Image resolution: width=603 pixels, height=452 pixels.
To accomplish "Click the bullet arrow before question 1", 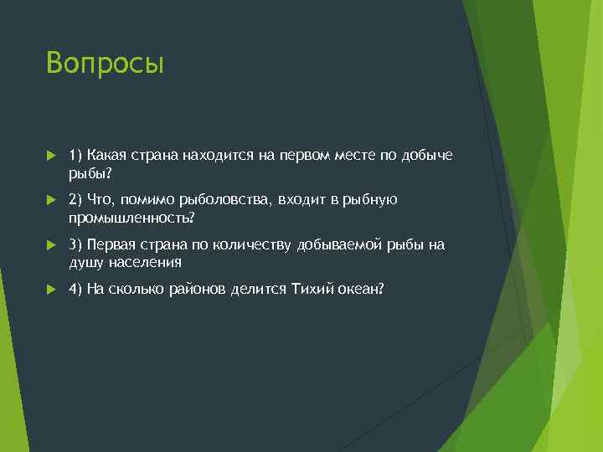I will (x=51, y=155).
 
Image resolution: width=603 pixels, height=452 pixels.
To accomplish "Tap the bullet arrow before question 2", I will (x=51, y=199).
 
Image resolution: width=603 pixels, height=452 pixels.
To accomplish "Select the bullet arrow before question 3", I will (x=51, y=244).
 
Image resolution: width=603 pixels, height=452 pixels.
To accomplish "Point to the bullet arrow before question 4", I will (x=51, y=289).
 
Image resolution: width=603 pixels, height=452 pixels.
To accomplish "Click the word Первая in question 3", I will (x=111, y=244).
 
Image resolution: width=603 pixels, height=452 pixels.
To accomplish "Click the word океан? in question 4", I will (x=362, y=289).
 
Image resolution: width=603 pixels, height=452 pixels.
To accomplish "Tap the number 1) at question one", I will (x=75, y=154).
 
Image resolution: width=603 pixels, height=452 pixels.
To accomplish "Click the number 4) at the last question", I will (x=75, y=289).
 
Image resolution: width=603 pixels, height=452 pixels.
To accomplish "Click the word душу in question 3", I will (x=86, y=262).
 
